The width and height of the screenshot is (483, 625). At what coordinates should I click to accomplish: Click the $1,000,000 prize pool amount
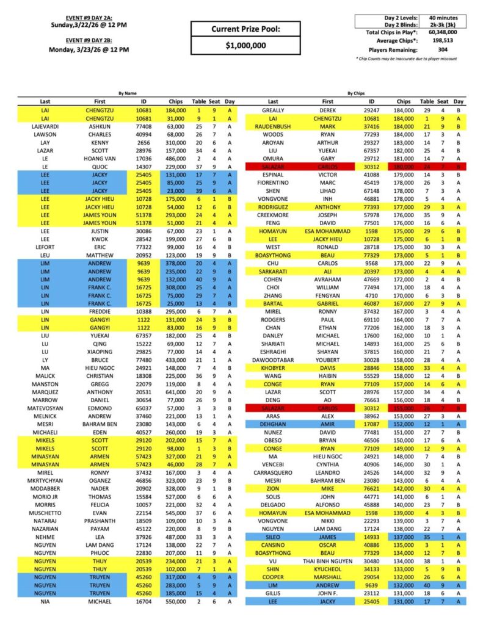[x=246, y=45]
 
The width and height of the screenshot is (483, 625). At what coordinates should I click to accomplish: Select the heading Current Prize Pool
[x=246, y=29]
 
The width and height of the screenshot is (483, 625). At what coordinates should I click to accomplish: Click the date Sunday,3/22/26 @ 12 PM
[x=89, y=25]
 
